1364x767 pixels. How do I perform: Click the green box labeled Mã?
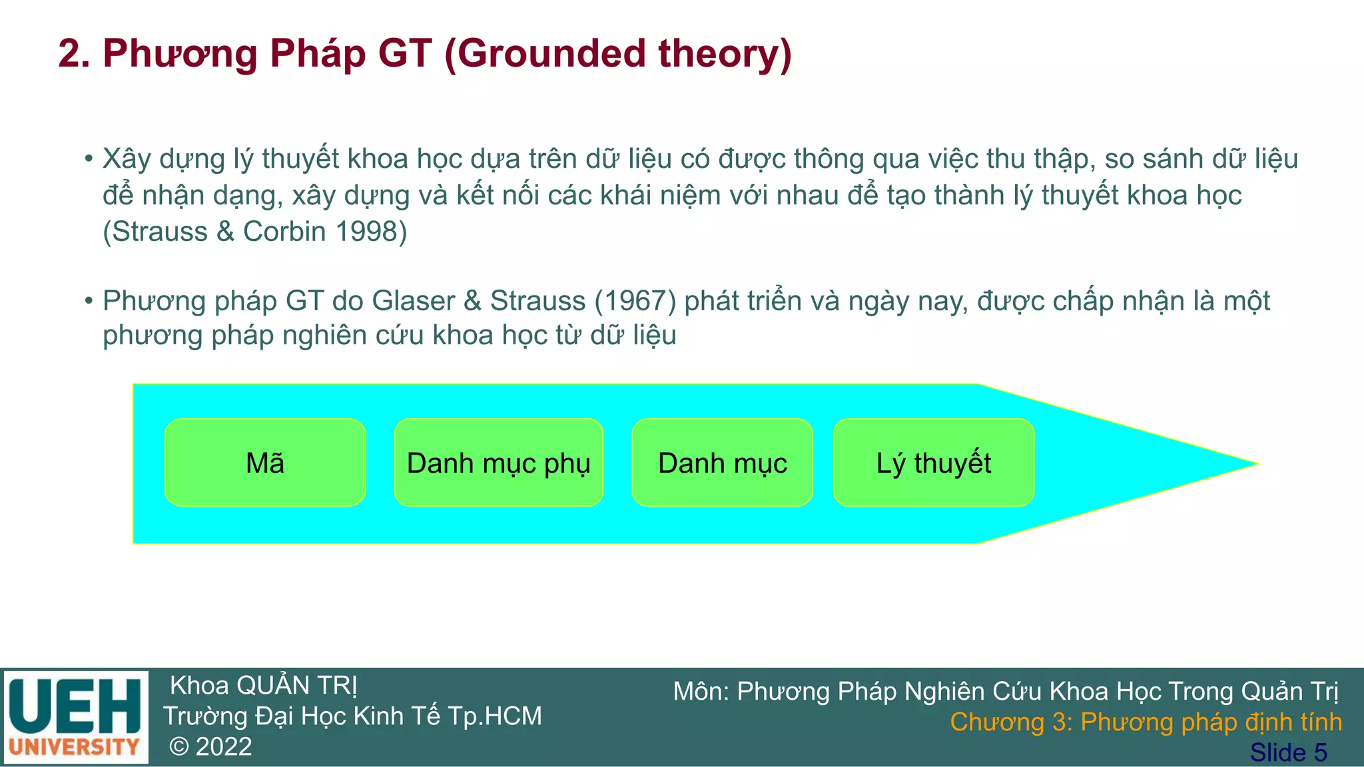(265, 463)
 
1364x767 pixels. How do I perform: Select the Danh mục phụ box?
(498, 463)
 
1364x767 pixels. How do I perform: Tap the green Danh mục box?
(722, 463)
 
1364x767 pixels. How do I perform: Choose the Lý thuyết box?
(933, 463)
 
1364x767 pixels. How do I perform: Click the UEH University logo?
(75, 718)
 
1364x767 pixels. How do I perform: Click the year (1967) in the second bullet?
(635, 301)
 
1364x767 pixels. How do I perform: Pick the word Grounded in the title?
(550, 53)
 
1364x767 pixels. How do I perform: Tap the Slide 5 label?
(1288, 752)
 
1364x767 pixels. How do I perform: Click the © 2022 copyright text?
(210, 747)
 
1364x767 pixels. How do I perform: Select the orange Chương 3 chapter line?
(1146, 722)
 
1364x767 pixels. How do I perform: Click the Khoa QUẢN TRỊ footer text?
(264, 686)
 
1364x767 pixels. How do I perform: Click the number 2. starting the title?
(74, 53)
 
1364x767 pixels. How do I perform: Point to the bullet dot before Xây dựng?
(89, 159)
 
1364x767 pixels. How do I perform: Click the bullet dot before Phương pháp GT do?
(89, 301)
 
